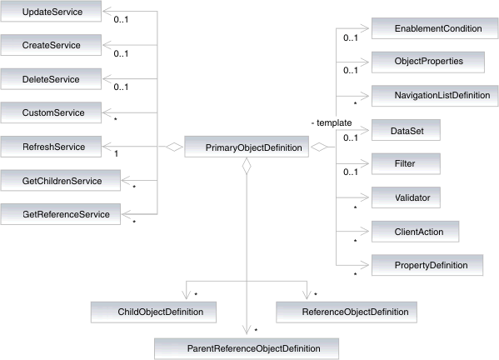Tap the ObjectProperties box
(416, 62)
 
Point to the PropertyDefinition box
(426, 265)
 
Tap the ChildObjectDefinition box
(154, 312)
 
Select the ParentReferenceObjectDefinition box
(247, 346)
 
